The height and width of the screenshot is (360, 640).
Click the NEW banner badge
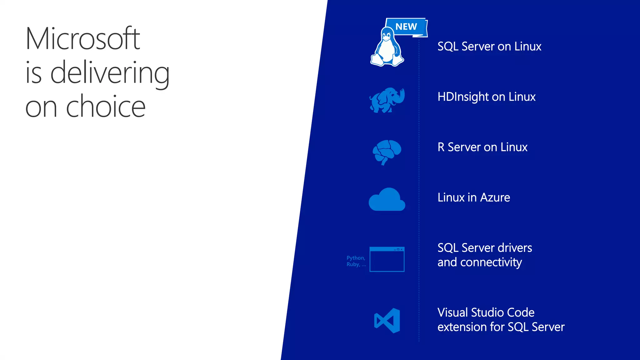(x=406, y=27)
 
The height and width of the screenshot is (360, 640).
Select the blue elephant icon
(x=387, y=100)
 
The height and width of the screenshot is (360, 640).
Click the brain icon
(x=387, y=152)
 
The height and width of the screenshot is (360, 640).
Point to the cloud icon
(x=387, y=200)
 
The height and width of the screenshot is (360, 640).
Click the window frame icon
(x=387, y=259)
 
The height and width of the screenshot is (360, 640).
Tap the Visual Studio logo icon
(x=387, y=320)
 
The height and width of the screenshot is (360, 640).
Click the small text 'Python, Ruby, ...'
(x=356, y=261)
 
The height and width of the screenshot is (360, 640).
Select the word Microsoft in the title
(x=83, y=39)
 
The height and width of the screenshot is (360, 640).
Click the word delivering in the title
(x=110, y=73)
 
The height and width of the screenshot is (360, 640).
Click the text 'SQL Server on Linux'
(x=489, y=47)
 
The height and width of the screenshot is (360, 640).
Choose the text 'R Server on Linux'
(x=482, y=147)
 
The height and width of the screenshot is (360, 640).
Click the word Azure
(x=495, y=197)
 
